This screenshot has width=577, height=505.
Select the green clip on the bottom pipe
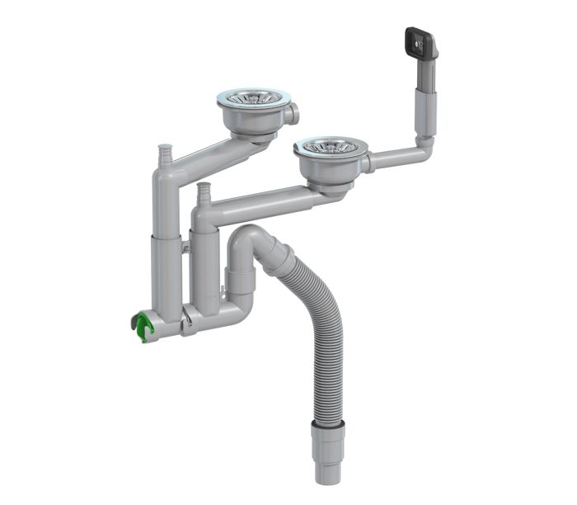[144, 328]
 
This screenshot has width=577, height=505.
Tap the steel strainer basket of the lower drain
[327, 147]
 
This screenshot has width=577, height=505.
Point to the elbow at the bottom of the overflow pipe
[423, 148]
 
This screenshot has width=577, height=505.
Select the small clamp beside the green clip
[189, 319]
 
